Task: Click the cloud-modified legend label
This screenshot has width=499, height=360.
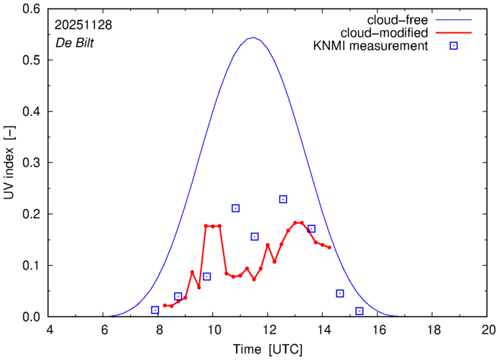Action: [x=388, y=32]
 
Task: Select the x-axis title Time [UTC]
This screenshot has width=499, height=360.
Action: [x=267, y=349]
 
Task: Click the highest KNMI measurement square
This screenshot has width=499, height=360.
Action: [x=283, y=199]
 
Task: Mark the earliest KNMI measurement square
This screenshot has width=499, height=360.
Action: [x=155, y=310]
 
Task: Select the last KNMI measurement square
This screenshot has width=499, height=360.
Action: [x=360, y=311]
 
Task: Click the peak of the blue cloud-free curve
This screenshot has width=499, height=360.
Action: [x=253, y=37]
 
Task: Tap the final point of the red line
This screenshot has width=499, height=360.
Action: [x=329, y=247]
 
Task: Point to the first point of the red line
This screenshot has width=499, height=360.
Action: [x=165, y=305]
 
